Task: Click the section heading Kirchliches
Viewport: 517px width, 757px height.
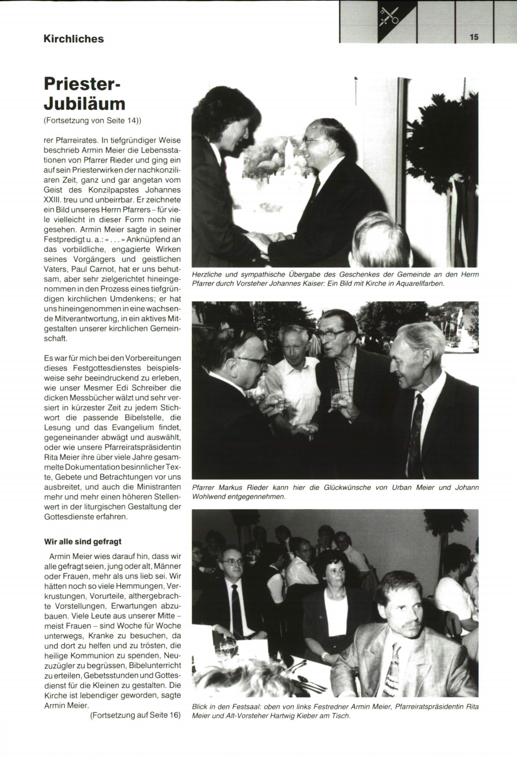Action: (73, 39)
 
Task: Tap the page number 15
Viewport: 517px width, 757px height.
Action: (474, 37)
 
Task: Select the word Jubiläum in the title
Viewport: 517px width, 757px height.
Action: (84, 103)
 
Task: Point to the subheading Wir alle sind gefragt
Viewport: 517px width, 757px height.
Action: (83, 542)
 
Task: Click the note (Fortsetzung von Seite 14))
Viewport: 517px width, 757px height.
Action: (93, 121)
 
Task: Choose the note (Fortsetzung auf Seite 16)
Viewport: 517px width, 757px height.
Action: (135, 715)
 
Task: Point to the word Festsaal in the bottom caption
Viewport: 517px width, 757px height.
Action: (246, 707)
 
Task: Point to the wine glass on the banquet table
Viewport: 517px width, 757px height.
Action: (227, 648)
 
